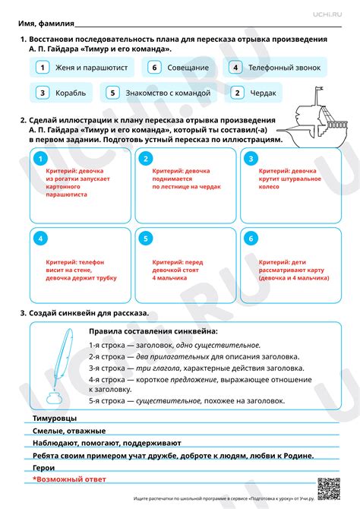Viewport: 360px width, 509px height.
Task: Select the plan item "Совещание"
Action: [180, 68]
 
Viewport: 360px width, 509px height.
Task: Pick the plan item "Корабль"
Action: [62, 93]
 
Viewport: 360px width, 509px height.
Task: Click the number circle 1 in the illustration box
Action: [42, 159]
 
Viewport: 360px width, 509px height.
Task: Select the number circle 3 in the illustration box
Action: [248, 159]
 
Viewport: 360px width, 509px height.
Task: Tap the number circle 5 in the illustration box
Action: [145, 239]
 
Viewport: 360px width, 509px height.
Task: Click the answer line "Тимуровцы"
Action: [54, 419]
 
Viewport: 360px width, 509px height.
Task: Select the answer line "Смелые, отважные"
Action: [64, 431]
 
